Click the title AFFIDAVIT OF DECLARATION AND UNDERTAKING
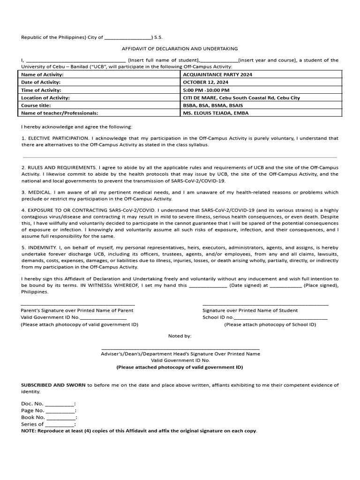[180, 49]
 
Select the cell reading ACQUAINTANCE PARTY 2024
[215, 75]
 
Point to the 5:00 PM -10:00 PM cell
[206, 90]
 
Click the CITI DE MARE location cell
[241, 98]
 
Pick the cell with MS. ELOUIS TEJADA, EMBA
[216, 113]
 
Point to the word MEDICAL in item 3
[38, 192]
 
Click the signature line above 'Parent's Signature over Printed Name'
[78, 305]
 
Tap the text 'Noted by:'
[180, 336]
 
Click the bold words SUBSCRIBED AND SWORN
[53, 385]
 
